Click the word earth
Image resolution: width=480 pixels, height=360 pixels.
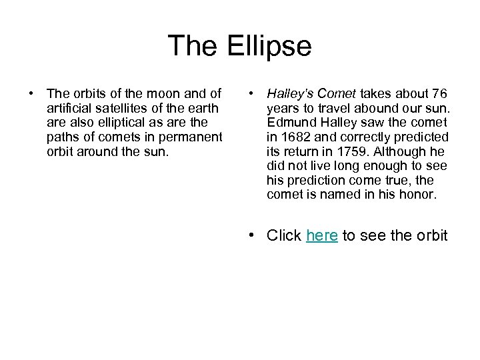pos(205,108)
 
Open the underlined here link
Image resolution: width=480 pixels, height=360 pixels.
pos(322,235)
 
